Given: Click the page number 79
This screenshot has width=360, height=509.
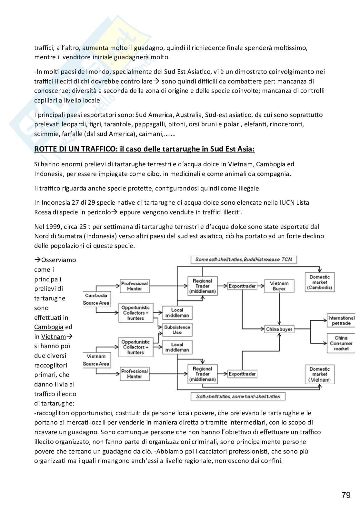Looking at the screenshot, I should coord(346,495).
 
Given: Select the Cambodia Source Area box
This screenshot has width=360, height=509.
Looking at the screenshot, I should coord(96,299).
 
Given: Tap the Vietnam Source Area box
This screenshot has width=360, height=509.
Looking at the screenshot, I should coord(96,360).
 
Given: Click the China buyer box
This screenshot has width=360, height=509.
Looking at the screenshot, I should coord(279,329).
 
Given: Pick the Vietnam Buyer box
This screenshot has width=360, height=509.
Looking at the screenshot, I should coord(279,286).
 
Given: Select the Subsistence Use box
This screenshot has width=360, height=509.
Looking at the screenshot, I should coord(177,329).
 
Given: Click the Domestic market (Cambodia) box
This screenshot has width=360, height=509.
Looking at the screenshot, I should coord(320,282).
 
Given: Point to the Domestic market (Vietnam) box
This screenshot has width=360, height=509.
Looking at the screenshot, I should coord(320,374).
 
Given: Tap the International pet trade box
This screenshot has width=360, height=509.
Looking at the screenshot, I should coord(341,320).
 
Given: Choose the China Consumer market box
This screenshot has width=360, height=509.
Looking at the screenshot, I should coord(341,343).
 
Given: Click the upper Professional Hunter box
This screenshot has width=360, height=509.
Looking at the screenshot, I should coord(135,286).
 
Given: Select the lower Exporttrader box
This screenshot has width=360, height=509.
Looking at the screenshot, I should coord(242,374).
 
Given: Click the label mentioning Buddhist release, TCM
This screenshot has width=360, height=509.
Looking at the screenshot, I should coord(244,259).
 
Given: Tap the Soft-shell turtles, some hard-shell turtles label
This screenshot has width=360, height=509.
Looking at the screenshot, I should coord(238,396).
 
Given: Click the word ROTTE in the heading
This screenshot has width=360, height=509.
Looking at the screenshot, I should coord(45,149).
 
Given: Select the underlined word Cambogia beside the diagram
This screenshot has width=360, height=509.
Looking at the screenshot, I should coord(49,327).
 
